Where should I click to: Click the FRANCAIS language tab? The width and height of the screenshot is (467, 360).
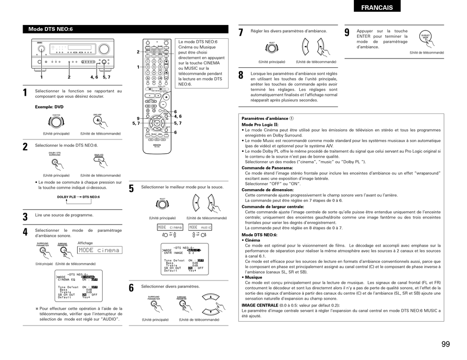coord(377,7)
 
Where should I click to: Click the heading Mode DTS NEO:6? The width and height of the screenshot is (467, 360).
coord(51,29)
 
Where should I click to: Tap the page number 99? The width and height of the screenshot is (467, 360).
coord(445,344)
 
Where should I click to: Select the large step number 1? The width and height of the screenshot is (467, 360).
coord(25,93)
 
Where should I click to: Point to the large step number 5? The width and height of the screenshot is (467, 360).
coord(131,189)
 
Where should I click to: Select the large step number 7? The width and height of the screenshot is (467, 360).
coord(241,33)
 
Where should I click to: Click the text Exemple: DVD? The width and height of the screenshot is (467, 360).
coord(49,107)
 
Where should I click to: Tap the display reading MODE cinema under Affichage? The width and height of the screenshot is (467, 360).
coord(99,250)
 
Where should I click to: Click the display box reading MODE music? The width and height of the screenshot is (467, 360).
coord(200,227)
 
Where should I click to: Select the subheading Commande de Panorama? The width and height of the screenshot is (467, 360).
coord(267,167)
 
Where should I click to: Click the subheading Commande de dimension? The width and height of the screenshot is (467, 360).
coord(267,190)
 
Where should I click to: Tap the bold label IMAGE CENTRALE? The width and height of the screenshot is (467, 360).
coord(260,305)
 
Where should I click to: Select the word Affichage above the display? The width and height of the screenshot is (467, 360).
coord(85,243)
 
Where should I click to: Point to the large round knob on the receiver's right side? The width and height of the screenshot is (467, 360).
coord(104,49)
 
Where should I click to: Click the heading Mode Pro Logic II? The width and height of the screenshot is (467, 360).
coord(260,125)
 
